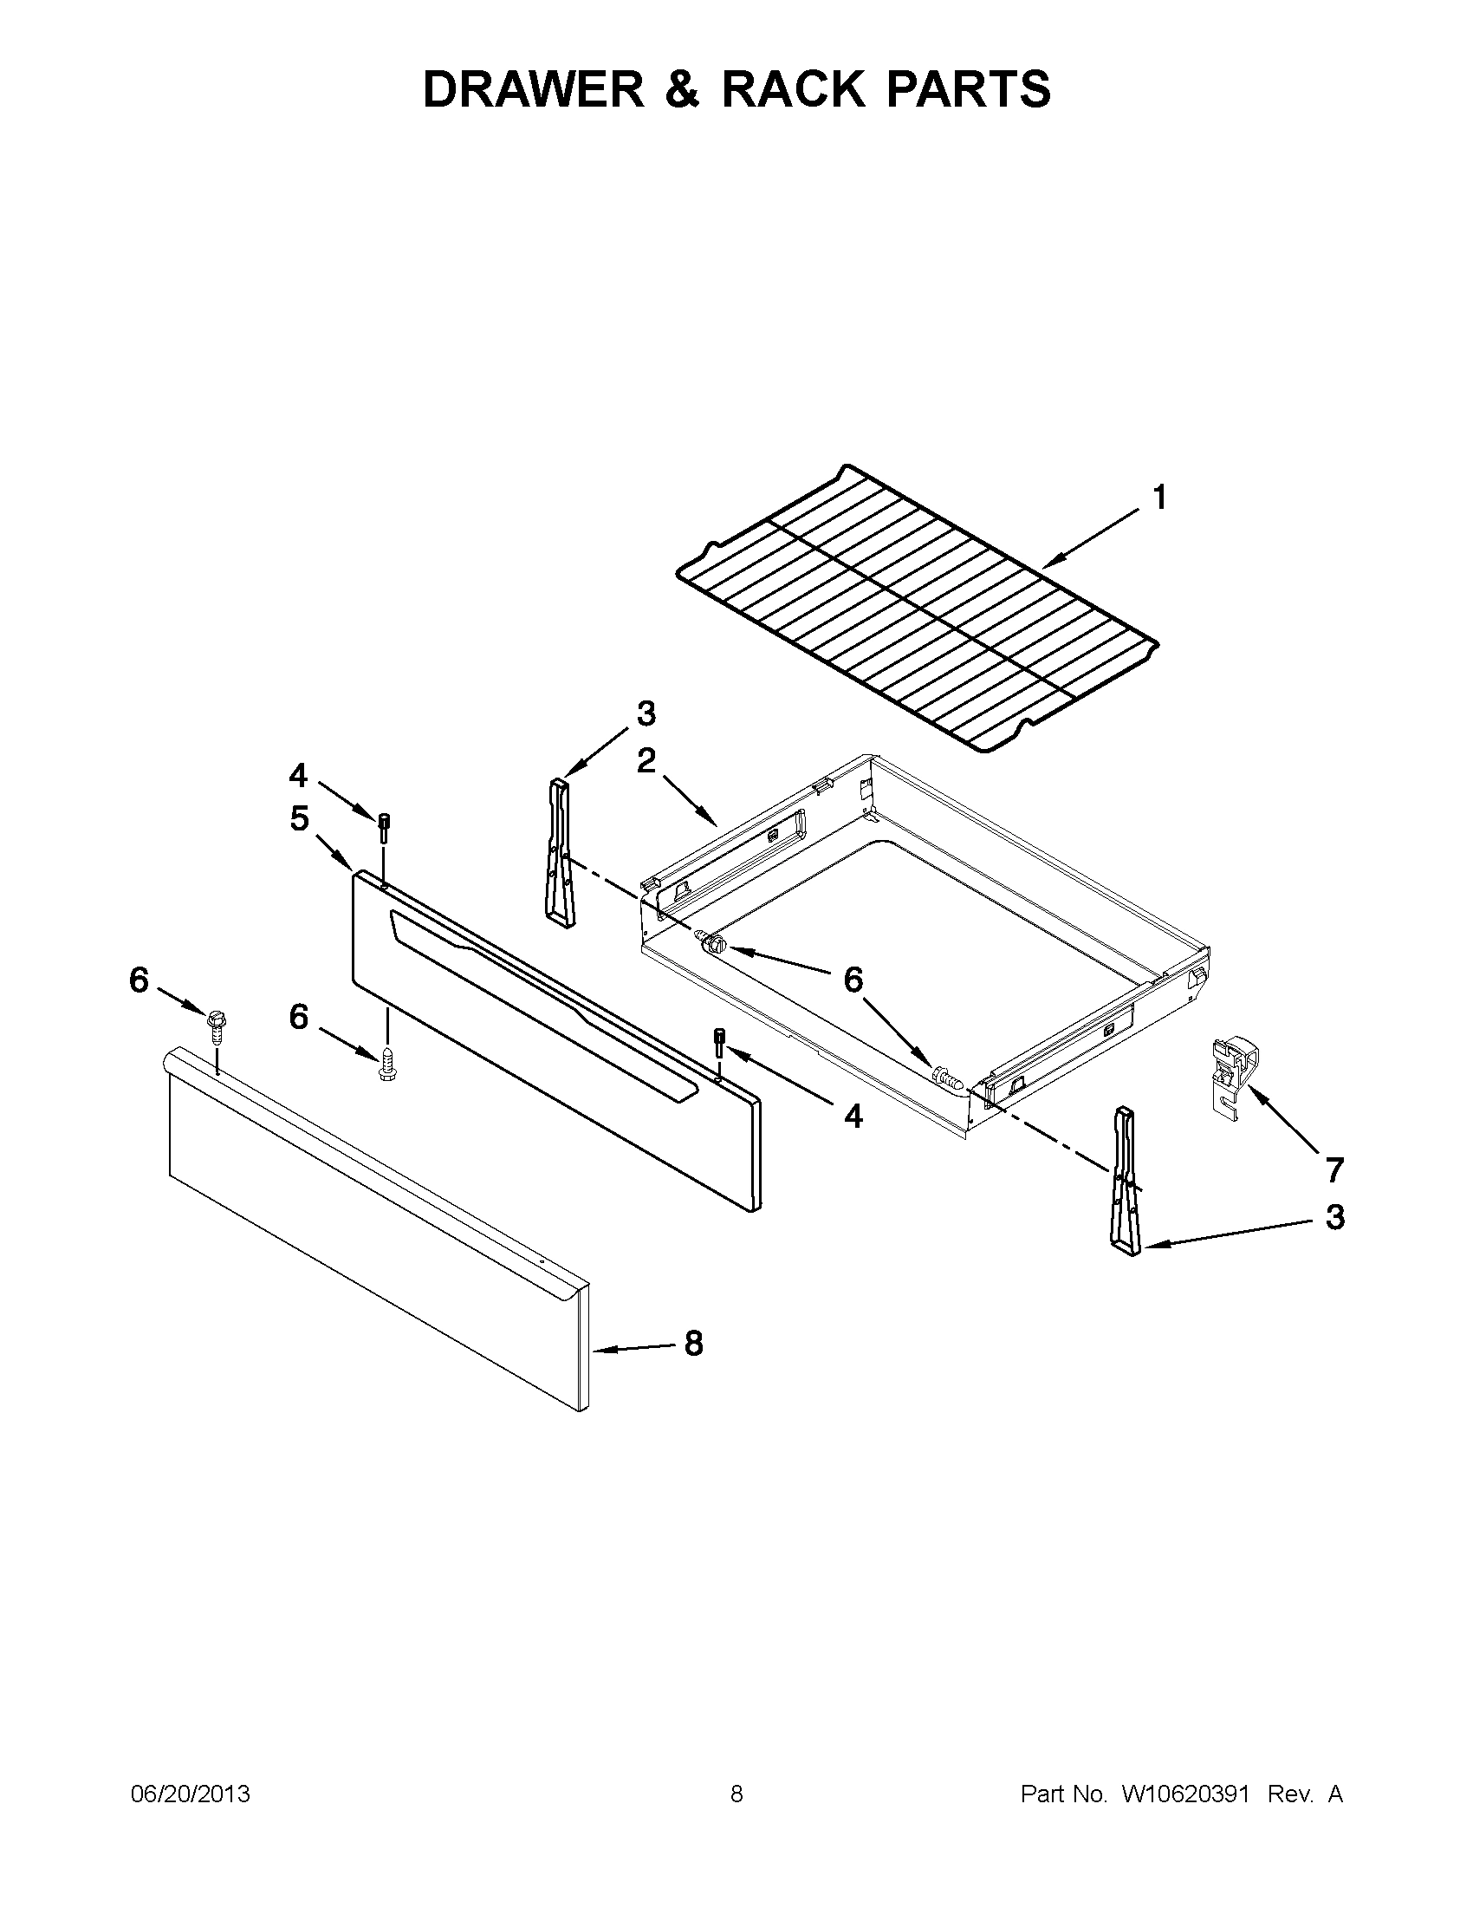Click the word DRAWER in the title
tap(533, 89)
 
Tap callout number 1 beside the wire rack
tap(1158, 498)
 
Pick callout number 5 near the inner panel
tap(300, 818)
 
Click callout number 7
tap(1334, 1168)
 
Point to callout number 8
tap(693, 1344)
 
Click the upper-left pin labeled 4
tap(384, 822)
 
